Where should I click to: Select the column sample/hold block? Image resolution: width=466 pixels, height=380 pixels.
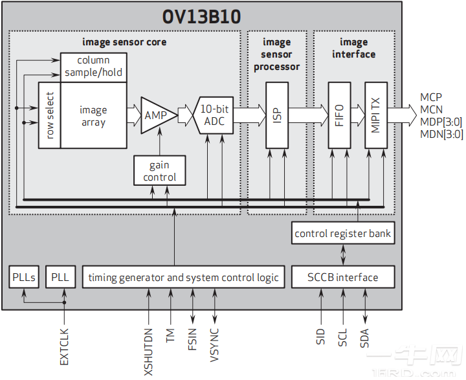coord(94,67)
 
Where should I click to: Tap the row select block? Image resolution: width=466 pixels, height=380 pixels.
coord(49,115)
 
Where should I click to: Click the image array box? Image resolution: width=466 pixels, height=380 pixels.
coord(93,116)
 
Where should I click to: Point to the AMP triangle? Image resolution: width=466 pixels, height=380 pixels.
coord(153,115)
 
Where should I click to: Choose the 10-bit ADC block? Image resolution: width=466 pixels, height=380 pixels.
coord(213,115)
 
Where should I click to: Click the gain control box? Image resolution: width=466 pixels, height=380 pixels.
coord(159,171)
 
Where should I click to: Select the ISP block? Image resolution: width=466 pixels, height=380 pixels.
coord(277,115)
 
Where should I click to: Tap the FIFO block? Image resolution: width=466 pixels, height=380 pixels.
coord(339,115)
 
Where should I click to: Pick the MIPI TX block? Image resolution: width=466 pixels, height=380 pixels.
coord(376,115)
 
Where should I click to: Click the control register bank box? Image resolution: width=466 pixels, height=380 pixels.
coord(343,233)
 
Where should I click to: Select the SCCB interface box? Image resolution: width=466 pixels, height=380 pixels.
coord(343,277)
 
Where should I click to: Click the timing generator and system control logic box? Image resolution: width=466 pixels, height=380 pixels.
coord(184,277)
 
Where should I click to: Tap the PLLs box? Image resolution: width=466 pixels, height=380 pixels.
coord(25,277)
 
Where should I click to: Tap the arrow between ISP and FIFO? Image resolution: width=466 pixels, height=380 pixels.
coord(309,115)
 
